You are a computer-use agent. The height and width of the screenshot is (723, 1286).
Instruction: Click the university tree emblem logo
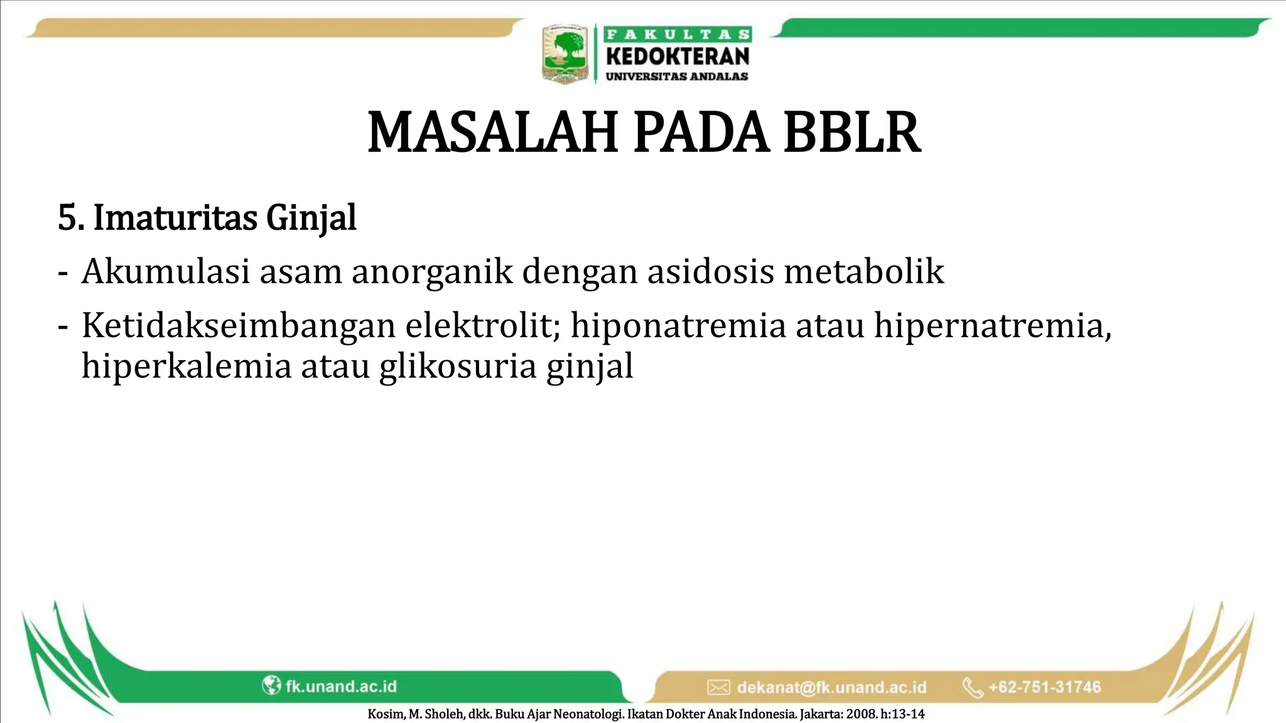(x=565, y=54)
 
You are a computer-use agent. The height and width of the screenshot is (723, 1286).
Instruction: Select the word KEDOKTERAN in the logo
(x=678, y=56)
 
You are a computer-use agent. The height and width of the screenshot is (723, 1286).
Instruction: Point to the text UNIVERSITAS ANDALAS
(x=676, y=77)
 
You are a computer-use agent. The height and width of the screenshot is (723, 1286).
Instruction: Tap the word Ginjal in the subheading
(x=311, y=218)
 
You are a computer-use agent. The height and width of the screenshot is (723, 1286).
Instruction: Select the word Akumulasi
(x=166, y=272)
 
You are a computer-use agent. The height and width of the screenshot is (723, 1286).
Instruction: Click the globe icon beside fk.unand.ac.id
(x=271, y=685)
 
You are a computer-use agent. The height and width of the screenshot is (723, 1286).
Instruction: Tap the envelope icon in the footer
(x=718, y=687)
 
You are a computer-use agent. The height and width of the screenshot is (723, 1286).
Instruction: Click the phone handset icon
(x=973, y=687)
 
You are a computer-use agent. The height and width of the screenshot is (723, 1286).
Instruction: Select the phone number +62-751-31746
(x=1044, y=687)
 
